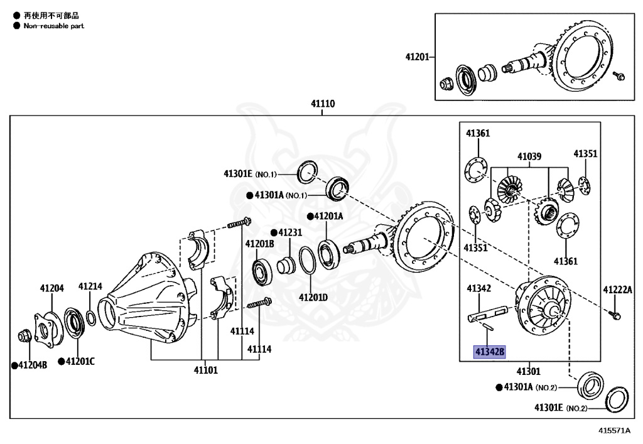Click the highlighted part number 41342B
tap(489, 352)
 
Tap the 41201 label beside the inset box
tap(417, 57)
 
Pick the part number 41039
tap(529, 156)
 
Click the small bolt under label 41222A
tap(616, 314)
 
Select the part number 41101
tap(205, 371)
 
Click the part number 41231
tap(289, 232)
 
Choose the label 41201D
tap(313, 296)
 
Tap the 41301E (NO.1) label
tap(249, 173)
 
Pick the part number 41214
tap(90, 286)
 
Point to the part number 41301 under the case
tap(528, 371)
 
